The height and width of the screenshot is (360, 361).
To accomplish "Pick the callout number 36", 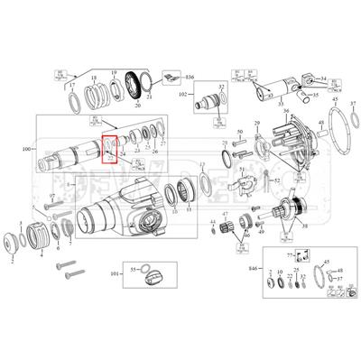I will pyautogui.click(x=285, y=112).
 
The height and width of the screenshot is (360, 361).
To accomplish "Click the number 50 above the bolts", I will pyautogui.click(x=241, y=134).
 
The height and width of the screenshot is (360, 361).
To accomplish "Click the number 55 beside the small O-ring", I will pyautogui.click(x=132, y=268).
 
